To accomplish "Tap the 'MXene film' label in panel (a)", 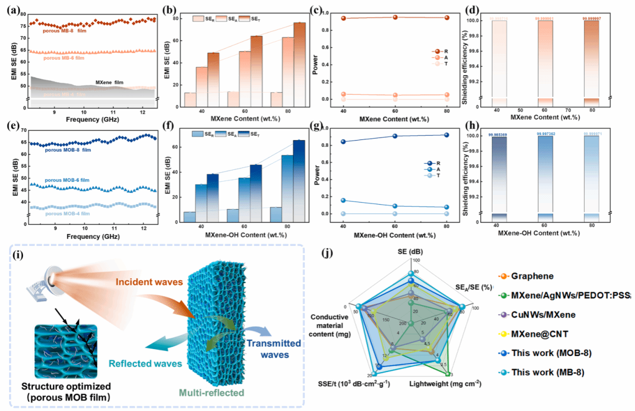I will point(109,82).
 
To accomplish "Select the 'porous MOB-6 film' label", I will point(68,180).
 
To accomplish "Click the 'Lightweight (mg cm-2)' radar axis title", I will point(445,384).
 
